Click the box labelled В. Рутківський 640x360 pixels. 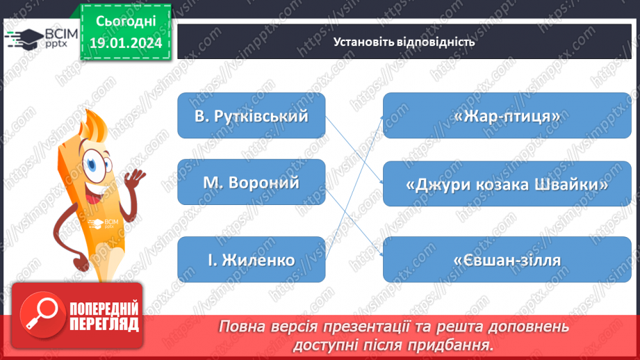(x=251, y=115)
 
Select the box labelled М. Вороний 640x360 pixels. (x=251, y=182)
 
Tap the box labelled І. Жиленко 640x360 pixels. (x=251, y=260)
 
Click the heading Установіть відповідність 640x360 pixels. (x=404, y=41)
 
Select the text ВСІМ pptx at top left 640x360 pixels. (x=58, y=38)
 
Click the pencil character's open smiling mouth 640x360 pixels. (x=99, y=188)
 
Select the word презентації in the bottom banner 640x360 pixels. (x=352, y=327)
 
